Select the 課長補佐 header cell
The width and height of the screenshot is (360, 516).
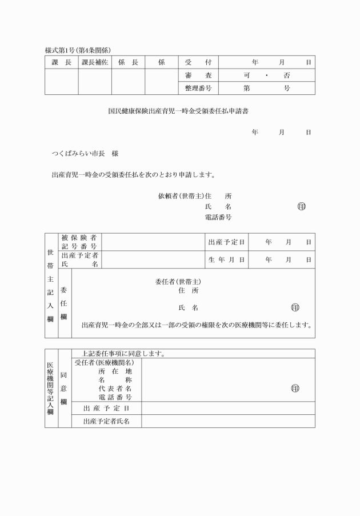click(95, 62)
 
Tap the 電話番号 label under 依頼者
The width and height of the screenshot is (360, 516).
click(218, 217)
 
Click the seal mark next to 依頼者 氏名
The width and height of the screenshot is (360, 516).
click(301, 206)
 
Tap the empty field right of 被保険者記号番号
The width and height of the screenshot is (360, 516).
click(153, 242)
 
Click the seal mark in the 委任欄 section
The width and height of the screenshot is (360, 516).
click(295, 307)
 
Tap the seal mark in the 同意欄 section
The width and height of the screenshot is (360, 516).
click(295, 388)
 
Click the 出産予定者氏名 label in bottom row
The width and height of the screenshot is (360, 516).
click(106, 421)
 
